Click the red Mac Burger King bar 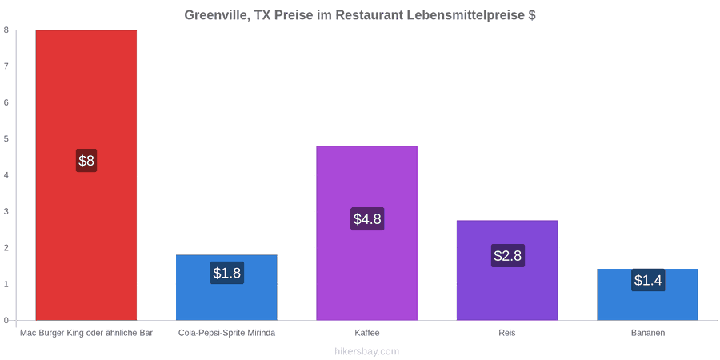click(86, 175)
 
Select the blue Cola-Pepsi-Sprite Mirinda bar click(226, 287)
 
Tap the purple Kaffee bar click(367, 233)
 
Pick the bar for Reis click(507, 270)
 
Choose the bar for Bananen click(647, 294)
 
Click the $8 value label click(86, 161)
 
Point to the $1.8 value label click(227, 273)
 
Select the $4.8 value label click(367, 219)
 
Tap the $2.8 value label click(508, 255)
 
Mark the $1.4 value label click(648, 280)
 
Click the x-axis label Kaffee click(367, 333)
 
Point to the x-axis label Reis click(507, 333)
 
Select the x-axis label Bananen click(647, 333)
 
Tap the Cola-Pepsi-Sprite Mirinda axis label click(227, 333)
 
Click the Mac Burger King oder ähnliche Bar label click(86, 333)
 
